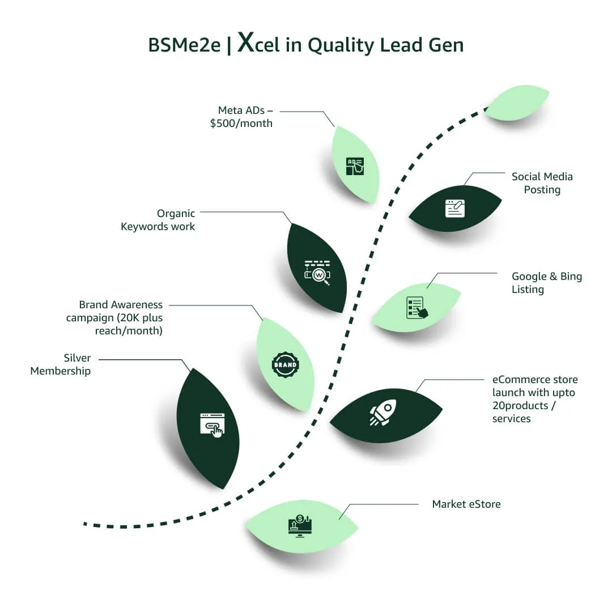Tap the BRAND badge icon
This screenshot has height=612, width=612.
click(285, 364)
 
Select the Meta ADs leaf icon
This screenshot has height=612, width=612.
click(355, 166)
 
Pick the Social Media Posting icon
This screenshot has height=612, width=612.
click(455, 208)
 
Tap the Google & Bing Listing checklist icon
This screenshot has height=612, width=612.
click(417, 308)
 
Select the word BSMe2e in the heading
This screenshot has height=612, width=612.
click(184, 45)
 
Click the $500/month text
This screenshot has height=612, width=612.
click(241, 123)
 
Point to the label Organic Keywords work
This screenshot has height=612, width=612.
click(158, 220)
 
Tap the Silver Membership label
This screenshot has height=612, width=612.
click(61, 364)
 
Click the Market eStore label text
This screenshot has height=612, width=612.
click(466, 504)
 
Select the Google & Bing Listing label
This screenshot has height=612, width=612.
click(547, 283)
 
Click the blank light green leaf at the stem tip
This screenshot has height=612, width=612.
click(517, 103)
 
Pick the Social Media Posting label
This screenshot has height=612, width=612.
click(542, 183)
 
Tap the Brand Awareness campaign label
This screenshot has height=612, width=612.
click(114, 317)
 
